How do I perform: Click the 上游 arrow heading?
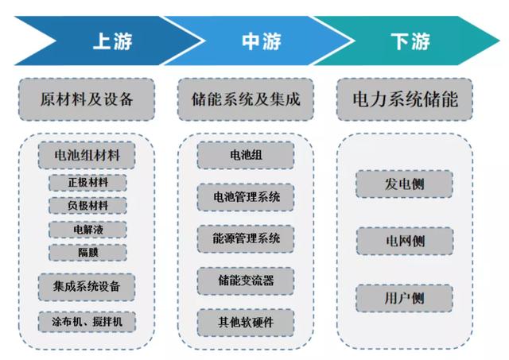click(112, 41)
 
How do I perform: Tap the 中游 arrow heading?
click(262, 41)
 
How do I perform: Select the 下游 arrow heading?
click(410, 41)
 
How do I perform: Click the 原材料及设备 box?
click(87, 99)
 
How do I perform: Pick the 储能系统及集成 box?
click(246, 99)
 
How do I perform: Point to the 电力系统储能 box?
click(405, 99)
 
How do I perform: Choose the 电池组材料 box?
click(87, 155)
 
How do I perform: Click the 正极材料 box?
click(87, 183)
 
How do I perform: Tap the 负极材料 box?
click(87, 206)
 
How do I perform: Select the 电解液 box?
click(87, 230)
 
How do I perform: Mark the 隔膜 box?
click(87, 253)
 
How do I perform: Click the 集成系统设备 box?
click(87, 287)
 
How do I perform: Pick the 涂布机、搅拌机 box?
click(87, 322)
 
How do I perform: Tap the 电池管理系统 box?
click(246, 197)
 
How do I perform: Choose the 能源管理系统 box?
click(246, 238)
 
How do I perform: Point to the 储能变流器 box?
click(246, 281)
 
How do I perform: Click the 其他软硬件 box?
click(246, 323)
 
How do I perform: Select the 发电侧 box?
click(405, 184)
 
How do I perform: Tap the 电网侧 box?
click(405, 241)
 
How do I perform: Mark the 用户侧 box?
click(405, 298)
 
